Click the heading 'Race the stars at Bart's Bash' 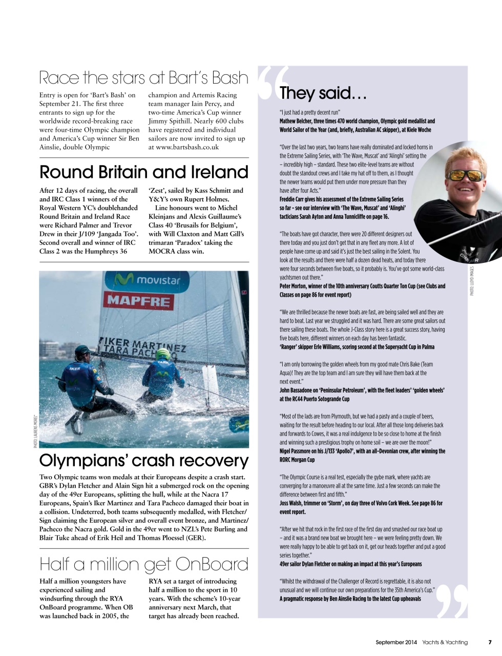[143, 78]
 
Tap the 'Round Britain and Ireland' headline [143, 172]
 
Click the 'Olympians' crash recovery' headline [143, 460]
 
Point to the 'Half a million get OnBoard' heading [143, 564]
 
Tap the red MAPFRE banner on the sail [138, 300]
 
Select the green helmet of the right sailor [162, 354]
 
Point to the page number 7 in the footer [490, 642]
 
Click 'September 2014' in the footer [396, 642]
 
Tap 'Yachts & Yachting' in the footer [445, 642]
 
